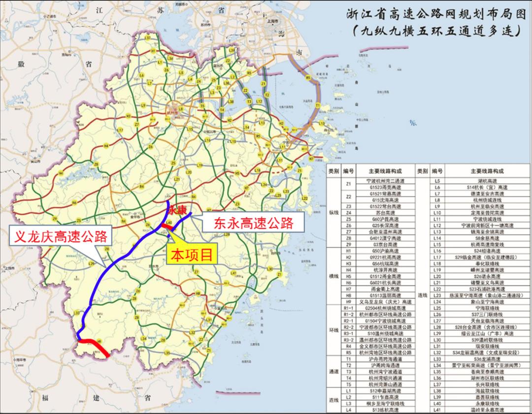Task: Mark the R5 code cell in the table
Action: [349, 352]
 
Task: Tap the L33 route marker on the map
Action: [77, 313]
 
